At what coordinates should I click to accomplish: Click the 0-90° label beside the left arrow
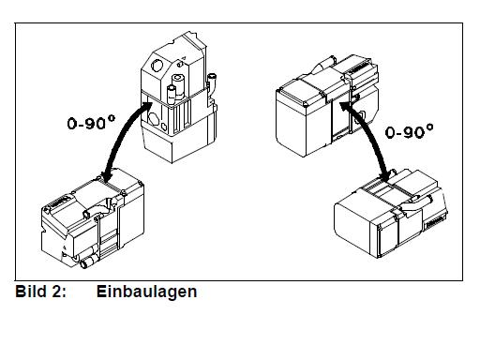(91, 123)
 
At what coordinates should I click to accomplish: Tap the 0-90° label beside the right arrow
(410, 131)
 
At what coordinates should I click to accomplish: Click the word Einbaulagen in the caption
(146, 292)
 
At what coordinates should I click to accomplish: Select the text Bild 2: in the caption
(41, 292)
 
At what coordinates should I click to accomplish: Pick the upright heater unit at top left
(179, 97)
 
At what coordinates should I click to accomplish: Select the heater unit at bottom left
(93, 218)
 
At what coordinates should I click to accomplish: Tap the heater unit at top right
(327, 106)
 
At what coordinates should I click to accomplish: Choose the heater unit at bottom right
(391, 214)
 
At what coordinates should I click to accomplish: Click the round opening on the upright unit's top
(157, 66)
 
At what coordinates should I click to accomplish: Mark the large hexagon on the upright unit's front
(153, 119)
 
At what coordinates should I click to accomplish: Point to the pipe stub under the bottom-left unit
(88, 262)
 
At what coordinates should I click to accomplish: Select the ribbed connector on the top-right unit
(360, 69)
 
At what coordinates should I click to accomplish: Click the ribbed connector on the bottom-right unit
(435, 221)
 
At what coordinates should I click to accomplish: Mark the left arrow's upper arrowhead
(144, 107)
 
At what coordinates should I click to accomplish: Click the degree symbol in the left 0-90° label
(112, 118)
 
